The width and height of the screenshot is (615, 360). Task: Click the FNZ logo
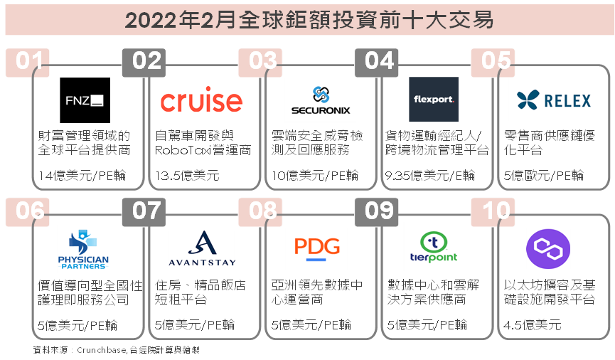pos(85,100)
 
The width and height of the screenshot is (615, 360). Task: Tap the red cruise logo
pos(201,100)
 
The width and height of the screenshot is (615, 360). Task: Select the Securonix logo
pos(321,100)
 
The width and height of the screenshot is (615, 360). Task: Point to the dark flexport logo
pos(434,99)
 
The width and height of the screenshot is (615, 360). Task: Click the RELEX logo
pos(553,100)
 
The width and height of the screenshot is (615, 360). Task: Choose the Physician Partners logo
pos(83,250)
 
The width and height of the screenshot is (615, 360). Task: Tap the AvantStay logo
pos(202,248)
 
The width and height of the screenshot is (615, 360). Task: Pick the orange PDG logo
pos(317,248)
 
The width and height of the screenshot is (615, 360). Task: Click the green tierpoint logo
pos(434,247)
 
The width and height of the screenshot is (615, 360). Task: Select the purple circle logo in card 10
pos(548,249)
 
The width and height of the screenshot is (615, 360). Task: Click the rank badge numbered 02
pos(144,62)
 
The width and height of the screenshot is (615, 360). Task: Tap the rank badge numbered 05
pos(493,62)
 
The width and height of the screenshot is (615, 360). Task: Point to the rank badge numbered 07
pos(144,211)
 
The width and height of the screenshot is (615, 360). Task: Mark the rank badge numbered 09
pos(377,211)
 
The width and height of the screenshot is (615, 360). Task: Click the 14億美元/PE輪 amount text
pos(82,175)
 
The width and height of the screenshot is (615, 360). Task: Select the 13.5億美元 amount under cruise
pos(187,175)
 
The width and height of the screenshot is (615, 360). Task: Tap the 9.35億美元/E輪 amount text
pos(430,175)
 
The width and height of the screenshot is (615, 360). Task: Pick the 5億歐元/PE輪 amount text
pos(544,175)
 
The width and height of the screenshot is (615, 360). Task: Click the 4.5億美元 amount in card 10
pos(533,324)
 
